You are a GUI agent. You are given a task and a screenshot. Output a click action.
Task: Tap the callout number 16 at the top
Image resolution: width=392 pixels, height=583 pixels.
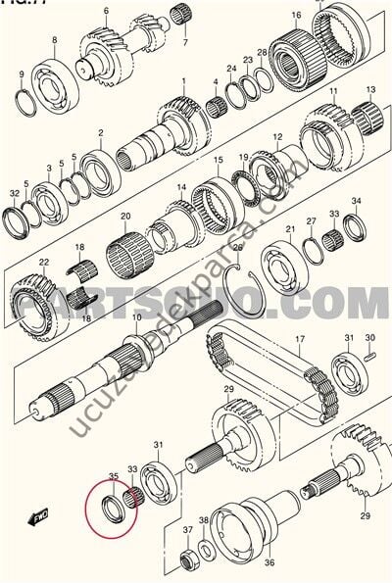point(296,16)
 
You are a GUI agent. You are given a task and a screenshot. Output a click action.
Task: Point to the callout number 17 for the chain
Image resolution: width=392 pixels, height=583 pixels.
point(301,343)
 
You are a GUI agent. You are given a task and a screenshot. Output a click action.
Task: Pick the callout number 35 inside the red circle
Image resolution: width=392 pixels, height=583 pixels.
point(113,477)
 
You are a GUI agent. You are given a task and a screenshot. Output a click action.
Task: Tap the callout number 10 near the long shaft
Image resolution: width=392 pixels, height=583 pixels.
point(137,319)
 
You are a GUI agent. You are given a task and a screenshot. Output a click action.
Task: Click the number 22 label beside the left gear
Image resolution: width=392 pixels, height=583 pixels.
point(43,263)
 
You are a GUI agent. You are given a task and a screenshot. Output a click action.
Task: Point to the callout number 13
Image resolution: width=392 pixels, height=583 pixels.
point(368,89)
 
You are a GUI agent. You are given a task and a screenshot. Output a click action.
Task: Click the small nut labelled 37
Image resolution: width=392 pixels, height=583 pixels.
point(186,559)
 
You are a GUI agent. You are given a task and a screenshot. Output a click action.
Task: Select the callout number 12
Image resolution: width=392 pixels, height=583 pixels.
point(277,138)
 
